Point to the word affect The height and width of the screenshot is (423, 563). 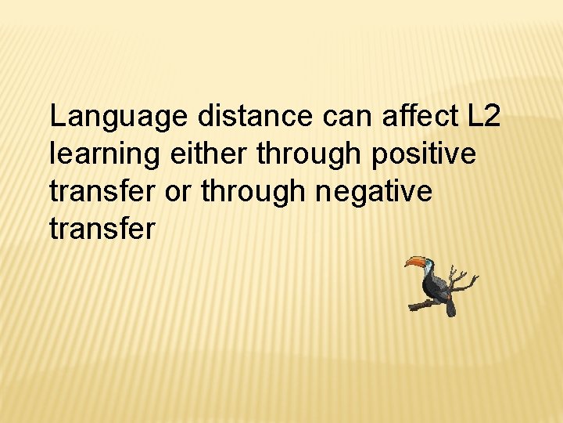(421, 117)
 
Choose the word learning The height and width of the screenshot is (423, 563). (99, 155)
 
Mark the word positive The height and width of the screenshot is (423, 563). (424, 154)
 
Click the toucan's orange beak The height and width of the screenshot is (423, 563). (415, 262)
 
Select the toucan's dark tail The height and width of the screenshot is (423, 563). (450, 307)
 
